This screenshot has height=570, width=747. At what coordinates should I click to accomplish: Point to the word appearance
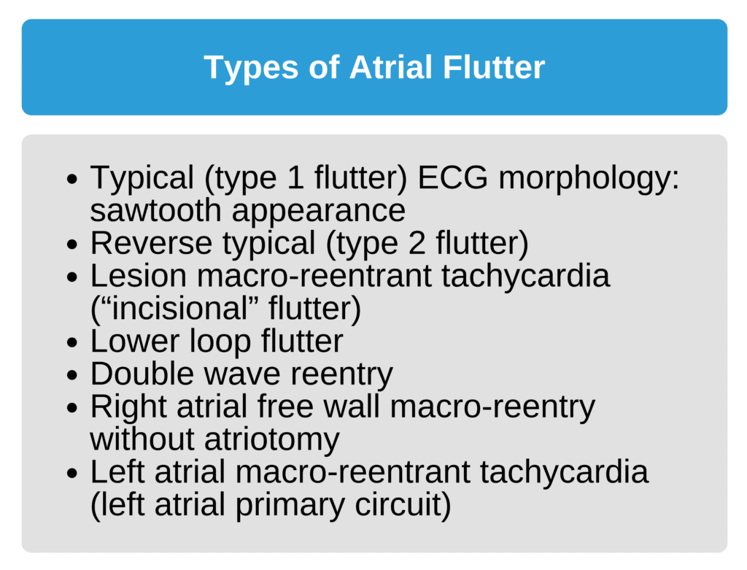[x=318, y=211]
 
